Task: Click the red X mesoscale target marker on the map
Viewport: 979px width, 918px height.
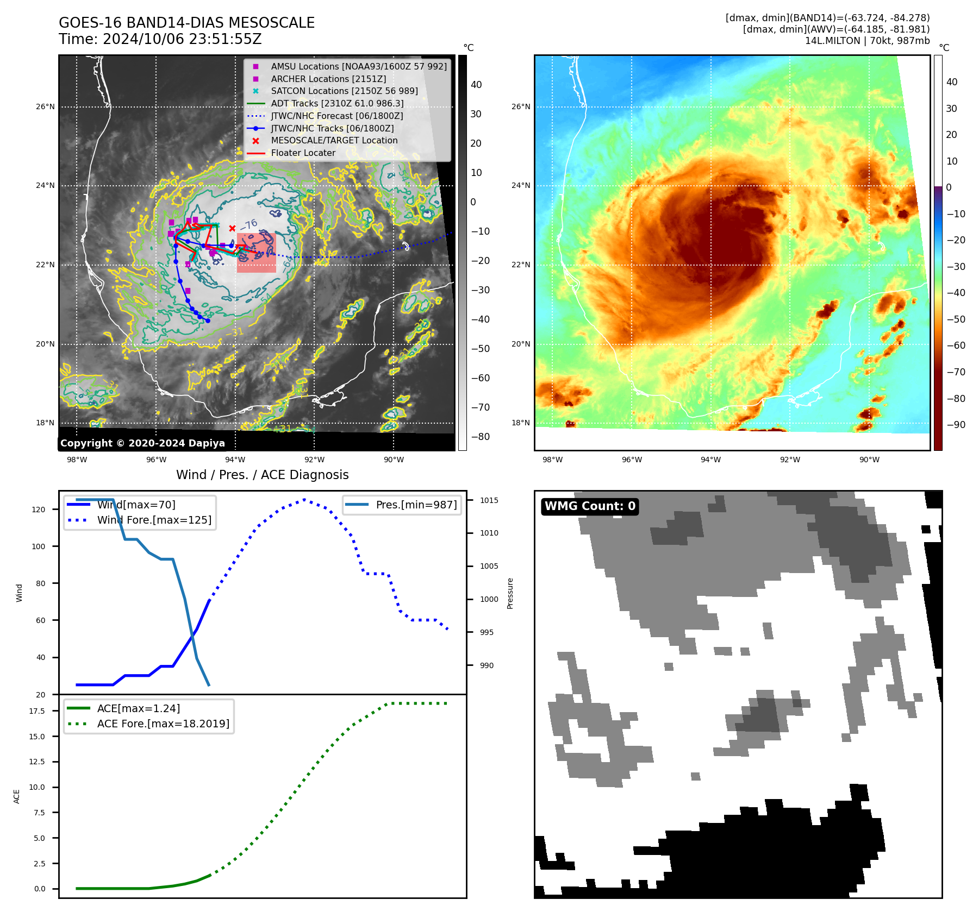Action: coord(232,228)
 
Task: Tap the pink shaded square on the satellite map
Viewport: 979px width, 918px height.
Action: coord(257,253)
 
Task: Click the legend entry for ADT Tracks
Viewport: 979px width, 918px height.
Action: coord(337,103)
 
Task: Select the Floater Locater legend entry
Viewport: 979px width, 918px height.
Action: coord(303,153)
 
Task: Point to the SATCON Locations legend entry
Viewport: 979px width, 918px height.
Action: coord(344,91)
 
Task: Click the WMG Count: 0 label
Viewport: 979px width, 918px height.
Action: coord(590,506)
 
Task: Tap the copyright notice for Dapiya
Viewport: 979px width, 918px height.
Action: coord(142,443)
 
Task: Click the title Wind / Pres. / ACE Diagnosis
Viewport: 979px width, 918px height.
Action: coord(262,475)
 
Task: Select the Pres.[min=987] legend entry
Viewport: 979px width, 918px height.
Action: coord(416,505)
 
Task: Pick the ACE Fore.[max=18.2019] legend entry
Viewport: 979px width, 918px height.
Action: coord(163,724)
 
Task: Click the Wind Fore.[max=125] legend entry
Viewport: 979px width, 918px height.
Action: coord(154,520)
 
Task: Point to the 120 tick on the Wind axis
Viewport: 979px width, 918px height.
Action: coord(39,510)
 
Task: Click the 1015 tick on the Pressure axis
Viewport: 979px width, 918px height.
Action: coord(489,500)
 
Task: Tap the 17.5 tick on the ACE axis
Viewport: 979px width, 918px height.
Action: coord(37,711)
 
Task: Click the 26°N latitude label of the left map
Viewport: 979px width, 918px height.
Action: coord(46,106)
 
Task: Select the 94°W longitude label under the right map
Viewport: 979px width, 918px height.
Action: coord(710,460)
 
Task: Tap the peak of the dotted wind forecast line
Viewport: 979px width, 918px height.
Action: coord(304,499)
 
